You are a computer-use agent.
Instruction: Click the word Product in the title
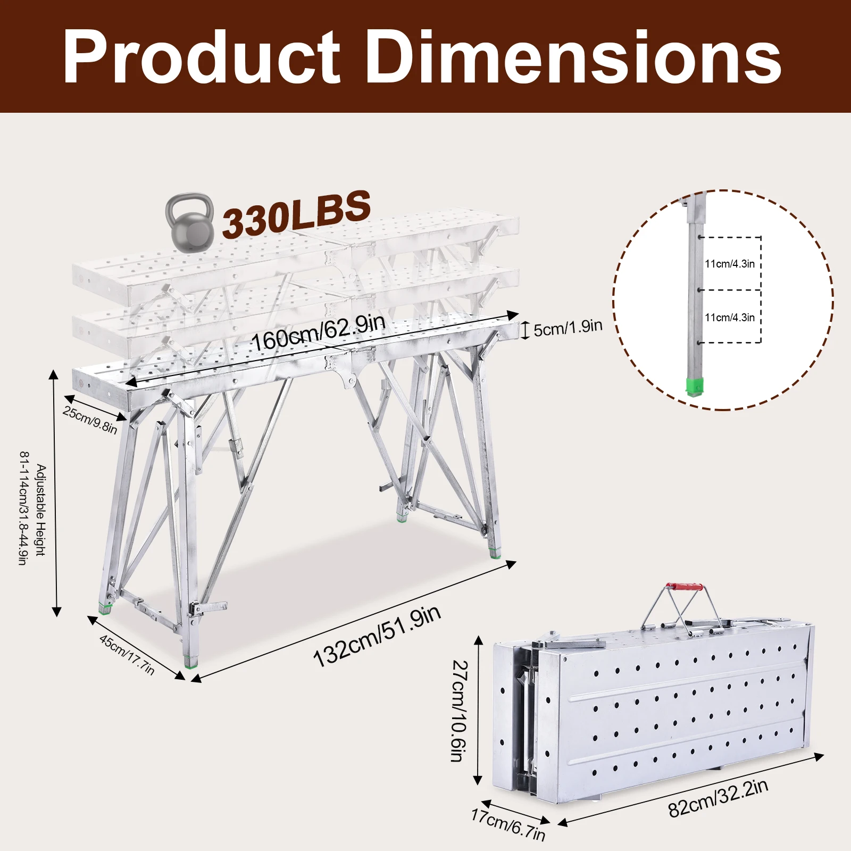201,57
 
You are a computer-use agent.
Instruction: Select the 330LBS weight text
296,213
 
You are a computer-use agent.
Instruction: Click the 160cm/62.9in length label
318,332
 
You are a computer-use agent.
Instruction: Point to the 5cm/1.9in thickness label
568,328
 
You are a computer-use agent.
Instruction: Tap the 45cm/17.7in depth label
127,655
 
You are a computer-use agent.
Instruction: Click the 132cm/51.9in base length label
377,636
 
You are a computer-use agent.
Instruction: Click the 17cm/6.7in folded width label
508,824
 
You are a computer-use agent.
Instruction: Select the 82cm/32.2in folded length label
718,797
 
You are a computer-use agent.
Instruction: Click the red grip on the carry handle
686,587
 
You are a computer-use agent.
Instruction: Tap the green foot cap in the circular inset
694,387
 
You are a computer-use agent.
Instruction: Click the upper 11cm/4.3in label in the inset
730,264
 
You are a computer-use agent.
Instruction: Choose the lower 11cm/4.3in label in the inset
730,318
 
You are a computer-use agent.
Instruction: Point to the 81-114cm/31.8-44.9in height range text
23,508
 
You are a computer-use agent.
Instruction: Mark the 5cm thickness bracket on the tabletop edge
525,330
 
